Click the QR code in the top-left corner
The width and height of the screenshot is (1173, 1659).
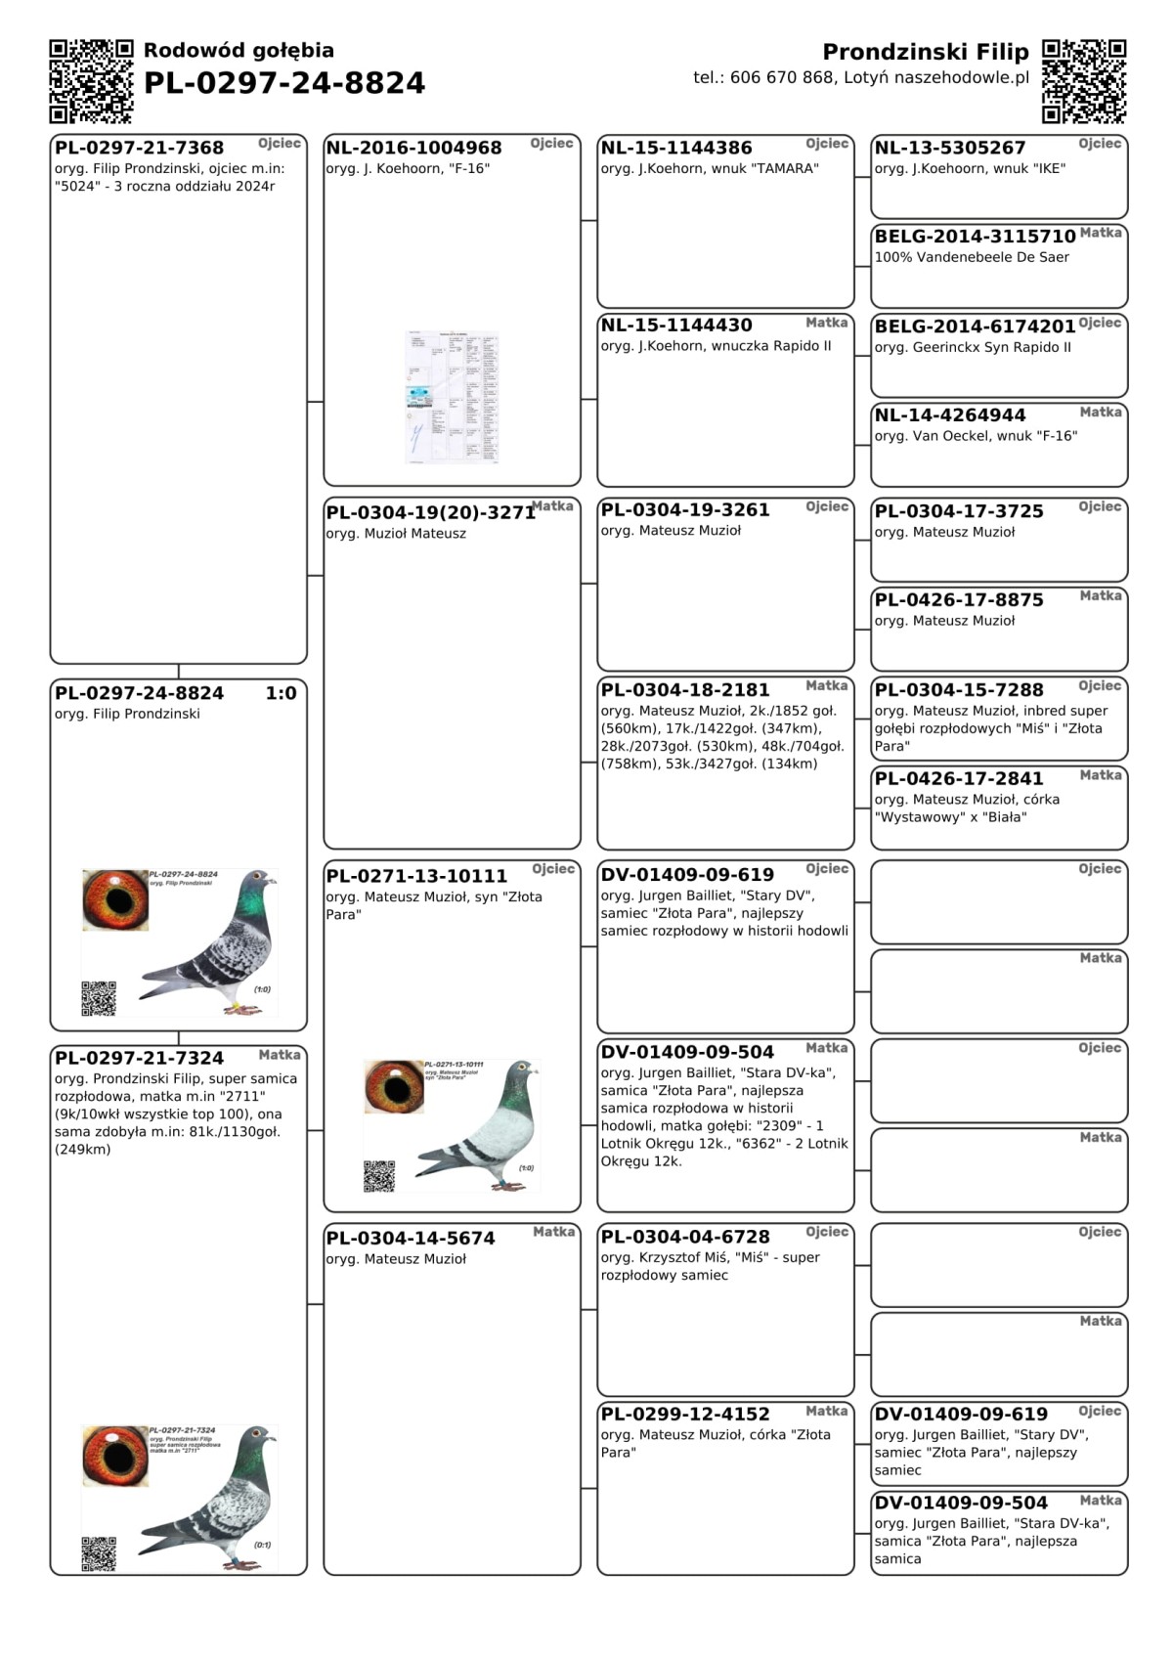(91, 81)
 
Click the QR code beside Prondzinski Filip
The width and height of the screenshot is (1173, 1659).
(1083, 81)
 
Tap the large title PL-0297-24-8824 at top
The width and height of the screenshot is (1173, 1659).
(284, 83)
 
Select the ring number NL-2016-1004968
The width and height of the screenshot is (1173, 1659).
(413, 149)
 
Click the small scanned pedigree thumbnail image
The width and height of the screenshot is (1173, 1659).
(452, 397)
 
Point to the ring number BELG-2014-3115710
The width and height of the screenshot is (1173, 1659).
(975, 237)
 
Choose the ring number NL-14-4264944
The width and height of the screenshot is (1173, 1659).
(950, 415)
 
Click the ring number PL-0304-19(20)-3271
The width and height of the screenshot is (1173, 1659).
(430, 512)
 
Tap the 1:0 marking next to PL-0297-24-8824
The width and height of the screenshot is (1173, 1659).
(281, 693)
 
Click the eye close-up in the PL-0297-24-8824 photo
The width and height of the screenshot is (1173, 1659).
(115, 899)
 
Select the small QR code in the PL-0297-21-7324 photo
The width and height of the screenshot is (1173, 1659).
(99, 1553)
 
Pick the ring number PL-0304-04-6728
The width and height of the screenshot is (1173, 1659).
(685, 1238)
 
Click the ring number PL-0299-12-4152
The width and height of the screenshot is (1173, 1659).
(685, 1415)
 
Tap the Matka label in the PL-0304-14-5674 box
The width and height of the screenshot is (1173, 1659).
(553, 1232)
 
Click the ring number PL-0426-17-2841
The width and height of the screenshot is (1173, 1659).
(959, 779)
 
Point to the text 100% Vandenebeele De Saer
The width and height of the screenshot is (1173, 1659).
(972, 257)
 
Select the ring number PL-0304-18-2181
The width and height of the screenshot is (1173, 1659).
(685, 690)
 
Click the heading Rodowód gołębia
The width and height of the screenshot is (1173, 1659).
(239, 51)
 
